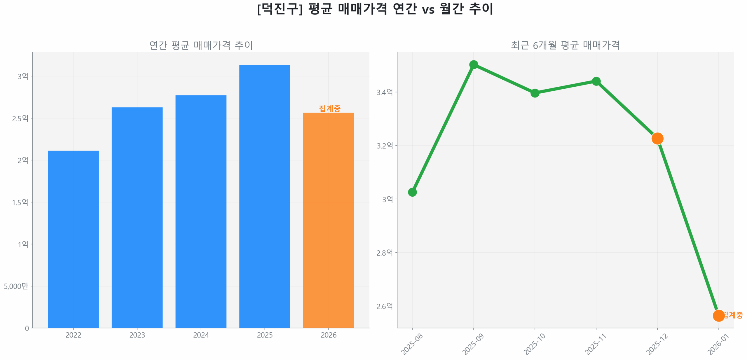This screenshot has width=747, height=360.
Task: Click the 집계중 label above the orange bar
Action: [x=329, y=108]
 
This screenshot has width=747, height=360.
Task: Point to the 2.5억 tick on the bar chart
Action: [x=20, y=118]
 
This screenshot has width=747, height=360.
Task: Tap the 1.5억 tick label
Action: [x=20, y=202]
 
